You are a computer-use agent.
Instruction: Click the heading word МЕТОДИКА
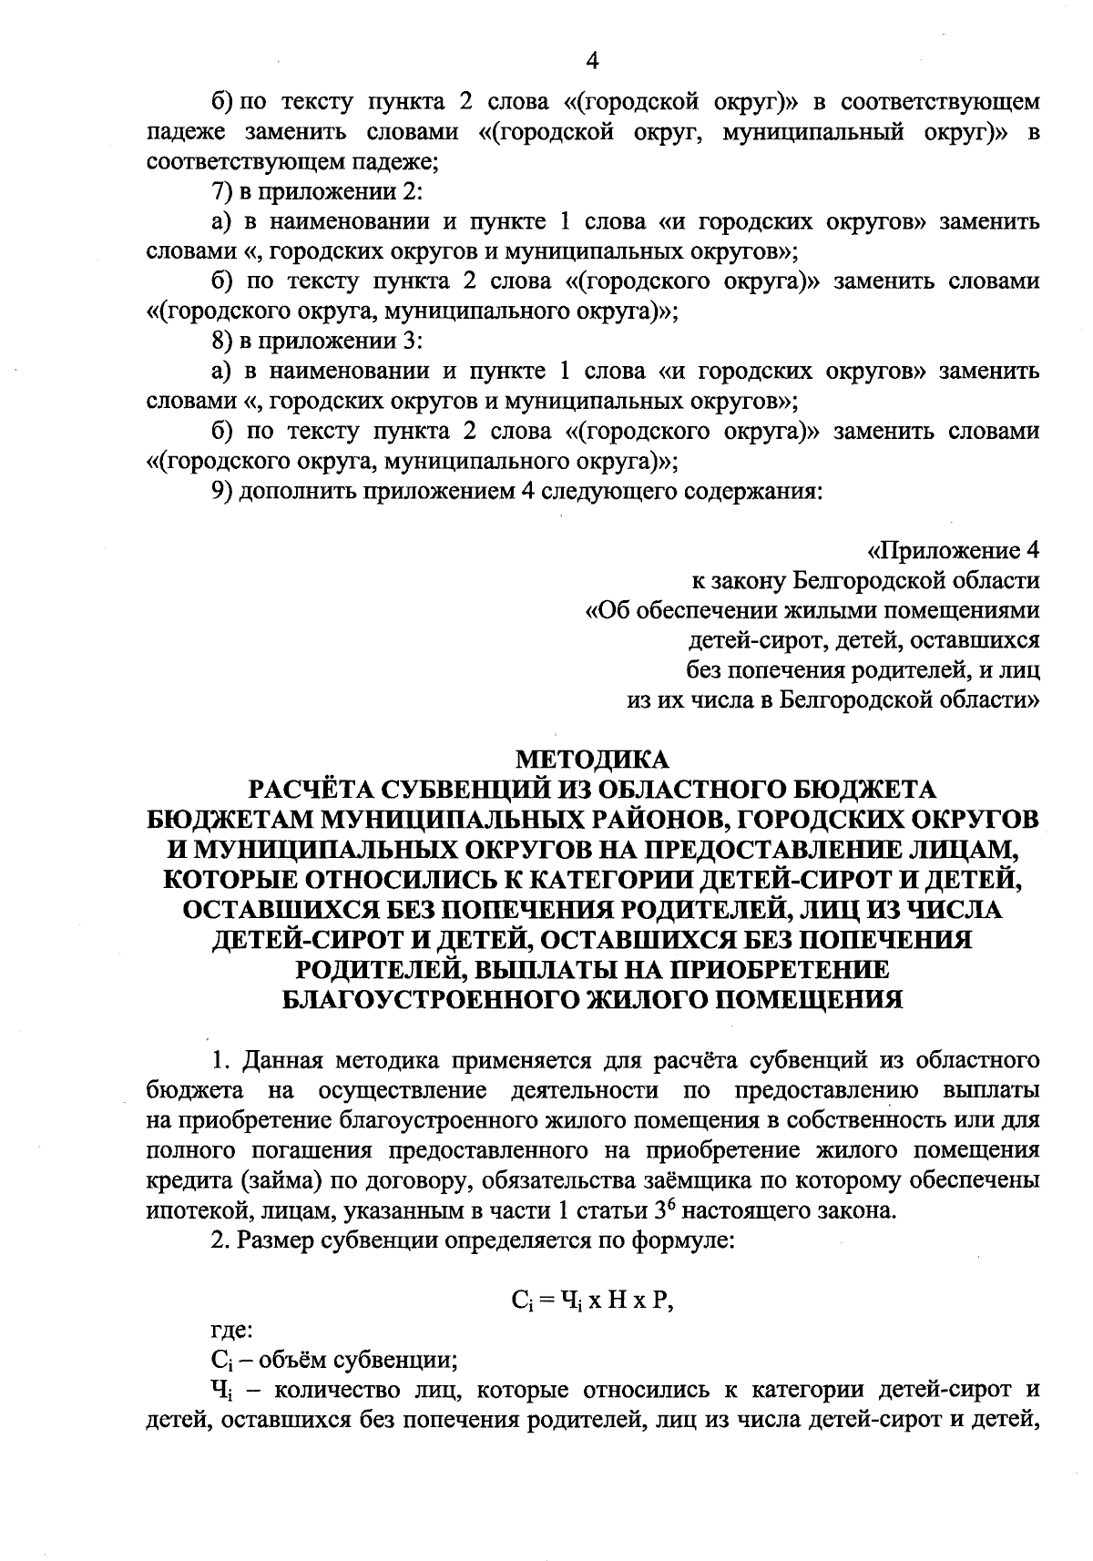click(592, 758)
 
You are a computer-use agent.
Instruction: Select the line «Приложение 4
click(954, 551)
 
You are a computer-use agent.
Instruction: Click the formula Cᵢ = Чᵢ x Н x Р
click(592, 1301)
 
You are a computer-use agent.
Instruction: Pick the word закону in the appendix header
click(738, 581)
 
